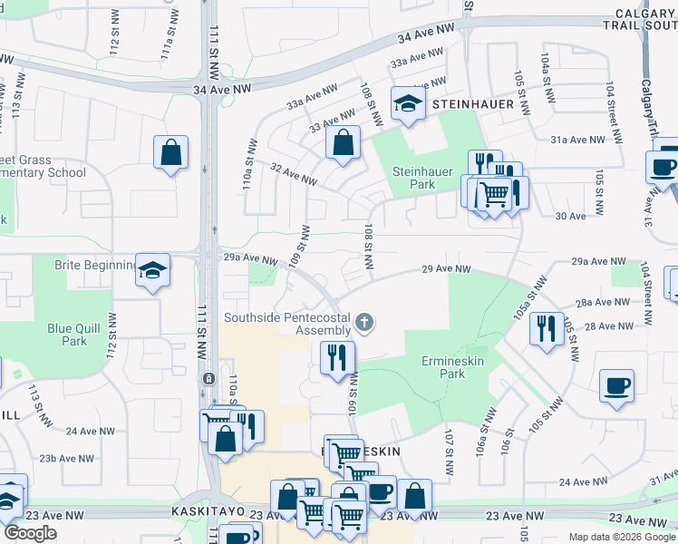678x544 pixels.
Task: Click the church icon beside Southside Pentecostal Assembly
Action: pyautogui.click(x=364, y=322)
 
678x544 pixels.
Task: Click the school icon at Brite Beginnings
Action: pyautogui.click(x=153, y=269)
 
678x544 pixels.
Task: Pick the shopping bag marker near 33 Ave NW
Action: pyautogui.click(x=343, y=142)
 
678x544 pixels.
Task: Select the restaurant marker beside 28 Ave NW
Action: pyautogui.click(x=545, y=328)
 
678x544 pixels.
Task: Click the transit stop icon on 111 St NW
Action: pyautogui.click(x=208, y=378)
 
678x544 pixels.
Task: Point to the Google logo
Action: pyautogui.click(x=30, y=533)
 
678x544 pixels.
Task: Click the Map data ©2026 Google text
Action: pyautogui.click(x=622, y=537)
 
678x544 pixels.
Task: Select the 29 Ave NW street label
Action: pyautogui.click(x=447, y=269)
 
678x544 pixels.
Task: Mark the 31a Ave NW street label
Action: pyautogui.click(x=576, y=140)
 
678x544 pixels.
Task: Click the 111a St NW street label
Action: pyautogui.click(x=168, y=44)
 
